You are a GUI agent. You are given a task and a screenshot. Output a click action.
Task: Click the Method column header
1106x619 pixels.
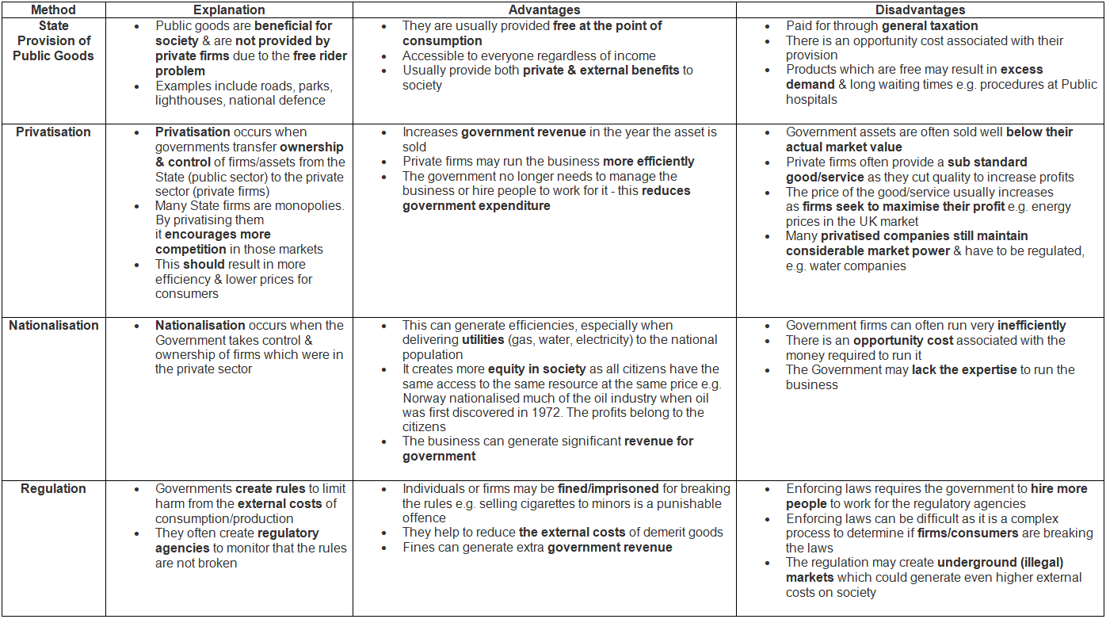coord(53,10)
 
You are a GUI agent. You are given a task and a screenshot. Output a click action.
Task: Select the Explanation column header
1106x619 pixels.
coord(229,10)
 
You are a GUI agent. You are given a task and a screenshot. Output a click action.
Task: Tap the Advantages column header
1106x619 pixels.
coord(544,10)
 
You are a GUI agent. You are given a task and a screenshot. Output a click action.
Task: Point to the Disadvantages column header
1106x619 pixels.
coord(920,10)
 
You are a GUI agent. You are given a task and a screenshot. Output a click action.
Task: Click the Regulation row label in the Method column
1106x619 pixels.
coord(53,489)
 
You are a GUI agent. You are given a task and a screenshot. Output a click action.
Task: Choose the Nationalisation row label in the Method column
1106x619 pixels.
coord(53,326)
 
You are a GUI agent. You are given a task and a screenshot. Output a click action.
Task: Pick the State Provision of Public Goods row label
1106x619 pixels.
coord(53,40)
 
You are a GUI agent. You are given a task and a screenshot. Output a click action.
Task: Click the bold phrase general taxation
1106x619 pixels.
coord(930,26)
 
